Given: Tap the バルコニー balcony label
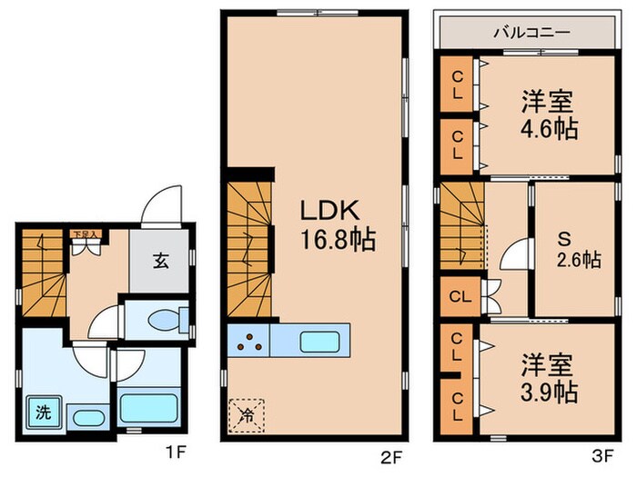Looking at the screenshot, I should point(531,32).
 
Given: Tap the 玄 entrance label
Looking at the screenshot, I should point(160,262).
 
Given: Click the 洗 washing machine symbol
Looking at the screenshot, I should point(42,412).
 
